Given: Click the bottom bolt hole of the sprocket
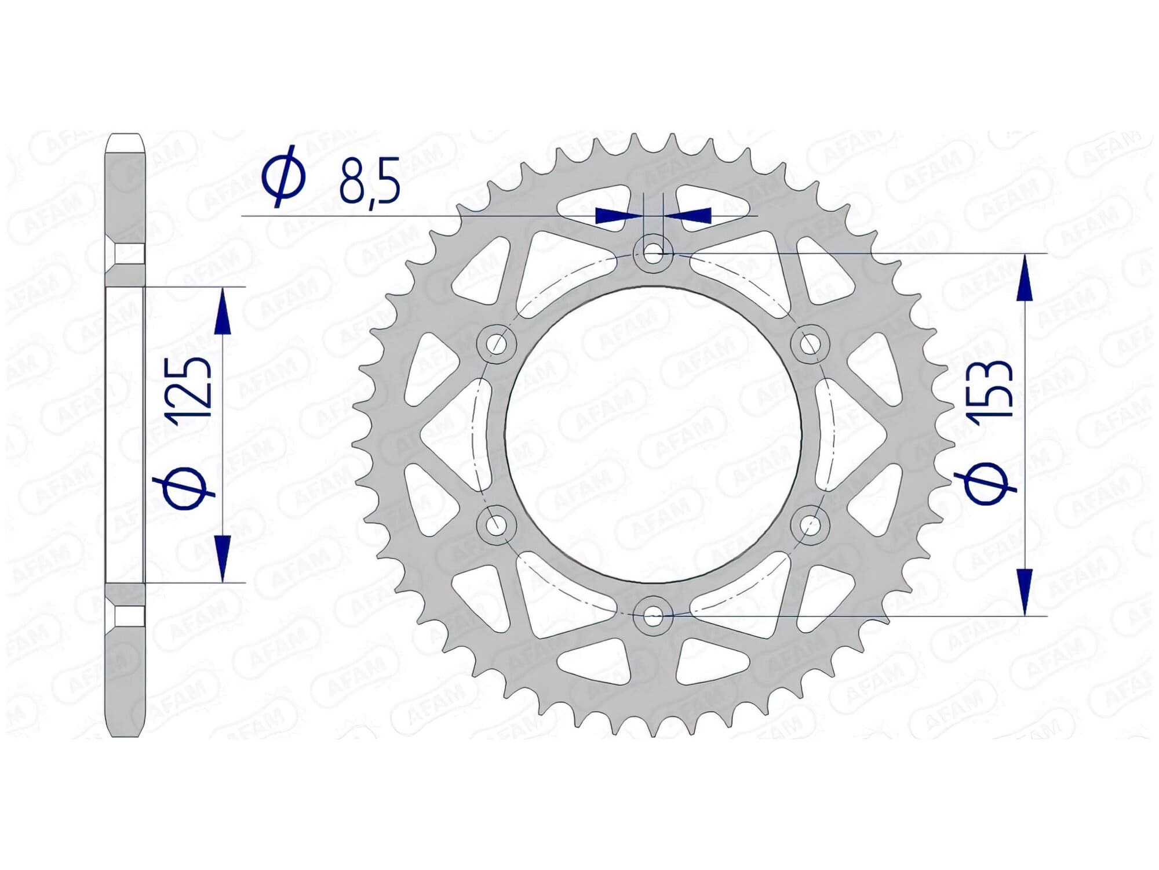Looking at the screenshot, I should [x=653, y=615].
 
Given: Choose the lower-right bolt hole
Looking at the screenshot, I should [x=810, y=525].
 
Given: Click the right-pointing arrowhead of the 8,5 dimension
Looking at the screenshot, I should [x=615, y=215].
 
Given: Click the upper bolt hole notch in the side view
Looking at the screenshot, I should [x=129, y=255].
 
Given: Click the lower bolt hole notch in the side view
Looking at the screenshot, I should [x=129, y=615].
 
